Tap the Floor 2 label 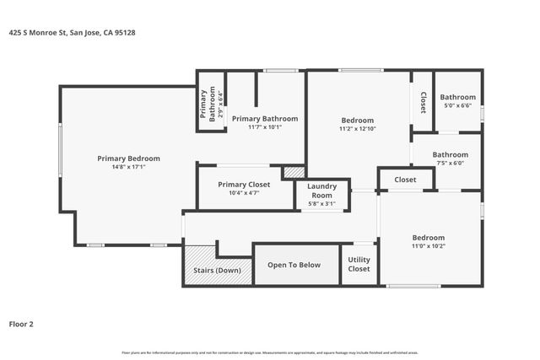22,323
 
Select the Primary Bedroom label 128,159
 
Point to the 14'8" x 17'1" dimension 128,167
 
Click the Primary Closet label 244,184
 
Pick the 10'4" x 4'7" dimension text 244,193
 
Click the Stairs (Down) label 218,270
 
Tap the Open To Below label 294,265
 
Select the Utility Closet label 359,265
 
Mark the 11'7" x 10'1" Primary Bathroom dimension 265,127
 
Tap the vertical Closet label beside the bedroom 423,102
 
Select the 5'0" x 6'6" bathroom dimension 457,105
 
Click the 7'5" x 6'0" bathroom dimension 450,164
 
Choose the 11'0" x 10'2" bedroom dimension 428,246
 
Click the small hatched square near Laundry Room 294,172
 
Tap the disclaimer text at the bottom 270,352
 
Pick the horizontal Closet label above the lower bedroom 405,180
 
